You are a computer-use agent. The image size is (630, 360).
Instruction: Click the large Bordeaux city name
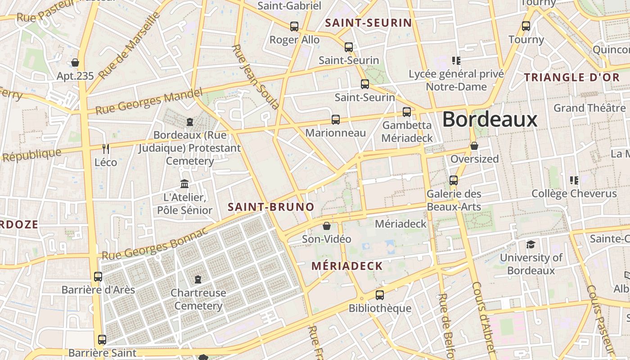coord(490,120)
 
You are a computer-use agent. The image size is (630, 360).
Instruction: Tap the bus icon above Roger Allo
coord(294,27)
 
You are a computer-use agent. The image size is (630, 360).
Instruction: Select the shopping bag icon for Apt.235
coord(75,63)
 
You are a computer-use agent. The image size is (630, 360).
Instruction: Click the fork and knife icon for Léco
coord(106,148)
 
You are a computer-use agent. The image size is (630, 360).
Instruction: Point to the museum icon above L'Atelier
coord(184,184)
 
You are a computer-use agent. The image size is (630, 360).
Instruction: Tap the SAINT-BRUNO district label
coord(271,207)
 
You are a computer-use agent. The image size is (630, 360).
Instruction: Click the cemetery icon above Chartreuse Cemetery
coord(198,279)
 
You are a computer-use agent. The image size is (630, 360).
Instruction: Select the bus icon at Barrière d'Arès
coord(98,276)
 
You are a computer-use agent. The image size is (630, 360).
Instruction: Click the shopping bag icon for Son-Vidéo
coord(327,225)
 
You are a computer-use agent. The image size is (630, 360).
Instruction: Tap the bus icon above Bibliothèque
coord(380,295)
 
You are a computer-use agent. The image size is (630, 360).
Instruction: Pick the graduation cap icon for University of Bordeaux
coord(531,244)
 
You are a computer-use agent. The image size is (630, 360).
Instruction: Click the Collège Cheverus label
coord(574,193)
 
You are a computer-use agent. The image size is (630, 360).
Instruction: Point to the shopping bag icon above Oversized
coord(474,146)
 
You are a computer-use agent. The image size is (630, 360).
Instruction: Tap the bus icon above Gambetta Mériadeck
coord(407,112)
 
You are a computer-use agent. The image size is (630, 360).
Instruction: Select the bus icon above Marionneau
coord(336,119)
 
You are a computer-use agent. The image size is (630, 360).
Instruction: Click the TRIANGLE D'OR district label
coord(571,77)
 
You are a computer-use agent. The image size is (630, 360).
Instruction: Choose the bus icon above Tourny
coord(526,26)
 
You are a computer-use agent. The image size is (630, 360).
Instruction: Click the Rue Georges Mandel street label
coord(149,102)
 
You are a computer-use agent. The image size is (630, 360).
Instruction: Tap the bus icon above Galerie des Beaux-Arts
coord(454,180)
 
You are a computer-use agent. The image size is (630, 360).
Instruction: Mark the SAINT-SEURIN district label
coord(369,23)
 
